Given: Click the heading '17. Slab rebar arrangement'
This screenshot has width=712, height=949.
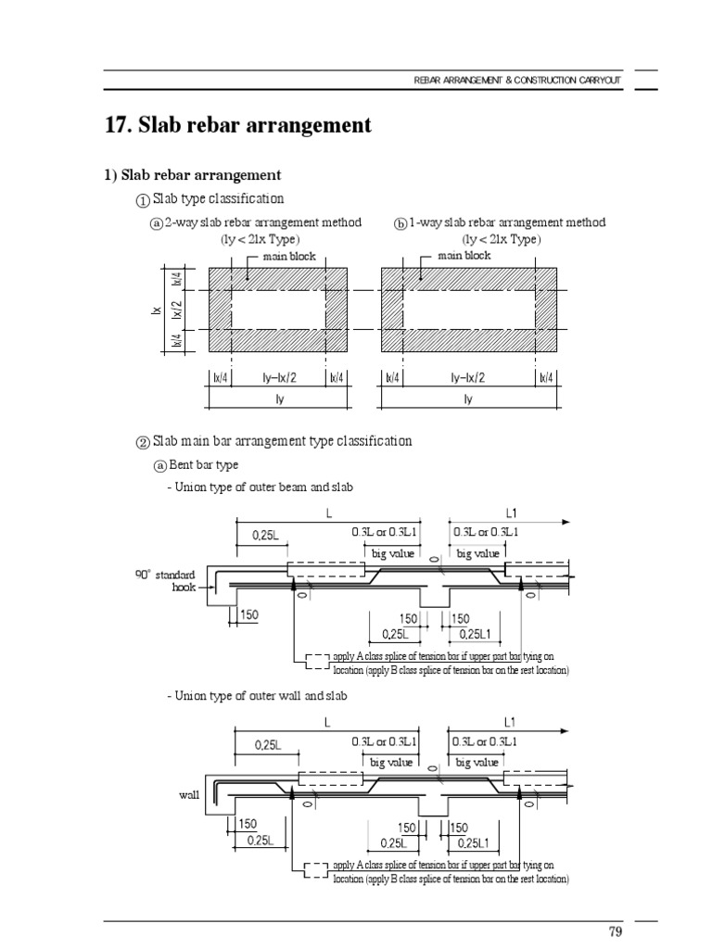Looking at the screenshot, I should click(x=240, y=125).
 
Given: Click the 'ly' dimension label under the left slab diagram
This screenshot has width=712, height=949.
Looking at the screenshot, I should click(x=279, y=399).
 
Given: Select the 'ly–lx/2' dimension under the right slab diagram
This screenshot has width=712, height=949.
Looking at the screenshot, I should click(x=467, y=378).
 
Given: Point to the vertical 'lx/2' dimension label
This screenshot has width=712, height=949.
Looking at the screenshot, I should click(x=177, y=310).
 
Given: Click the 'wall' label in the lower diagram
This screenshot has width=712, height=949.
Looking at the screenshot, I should click(x=189, y=795).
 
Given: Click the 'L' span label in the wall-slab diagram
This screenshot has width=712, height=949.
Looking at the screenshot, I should click(x=328, y=721).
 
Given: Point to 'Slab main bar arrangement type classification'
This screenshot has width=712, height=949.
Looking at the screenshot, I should click(x=282, y=441).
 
